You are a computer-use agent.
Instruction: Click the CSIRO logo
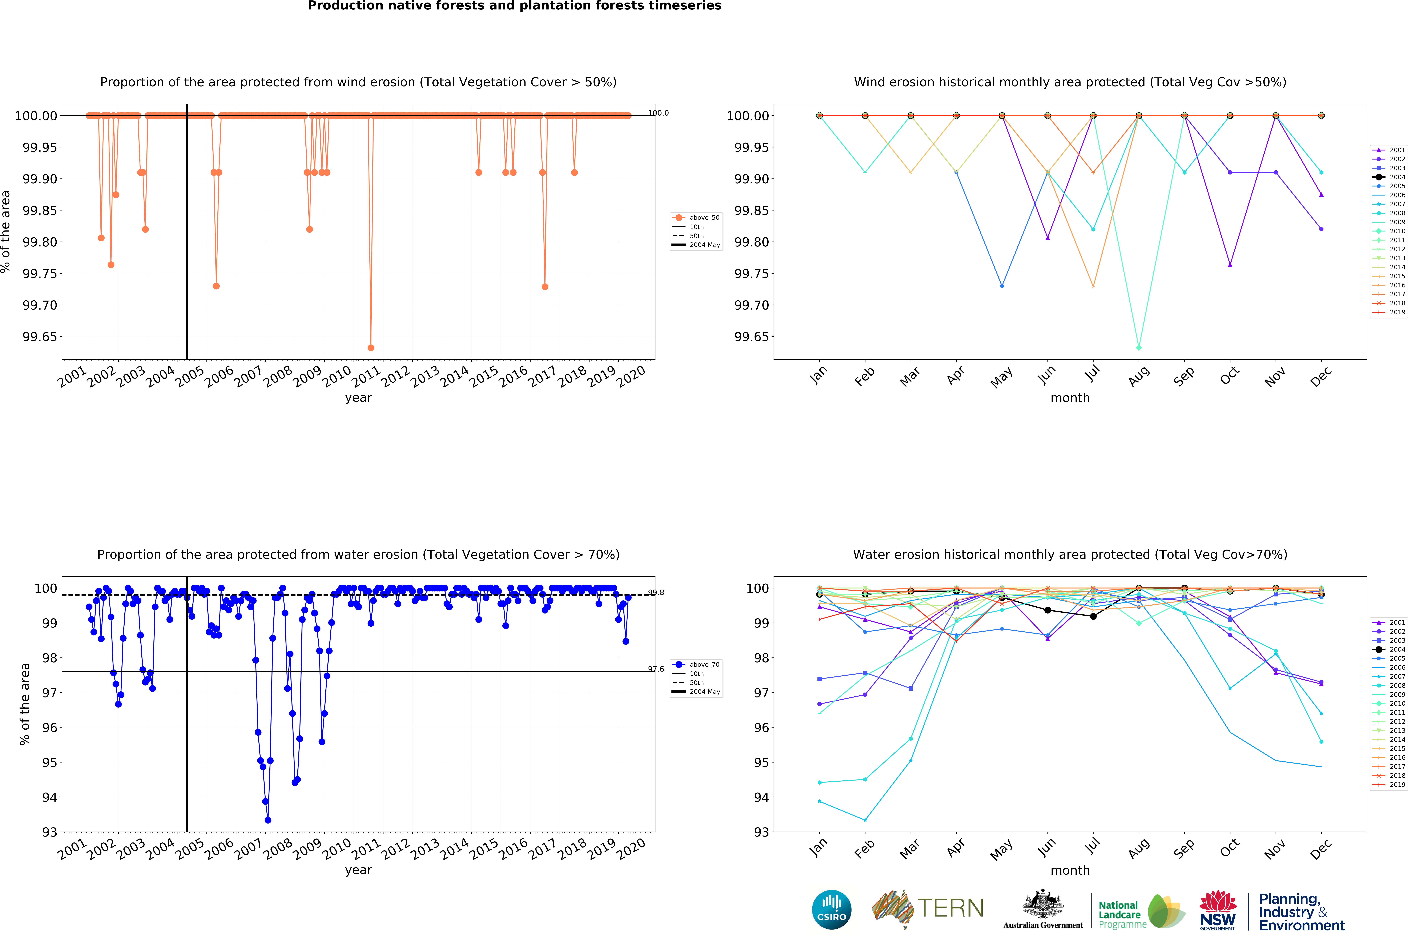coord(831,909)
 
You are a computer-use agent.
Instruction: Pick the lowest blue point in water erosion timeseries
coord(268,820)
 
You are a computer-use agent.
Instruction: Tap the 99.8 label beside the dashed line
coord(656,592)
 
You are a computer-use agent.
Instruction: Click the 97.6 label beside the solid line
coord(656,669)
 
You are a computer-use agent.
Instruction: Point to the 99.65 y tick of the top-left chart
coord(40,337)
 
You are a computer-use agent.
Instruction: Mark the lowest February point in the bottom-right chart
coord(865,820)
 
